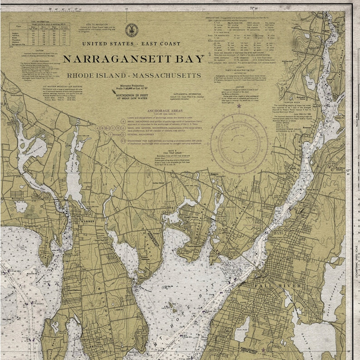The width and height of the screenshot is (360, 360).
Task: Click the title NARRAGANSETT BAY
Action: pyautogui.click(x=133, y=59)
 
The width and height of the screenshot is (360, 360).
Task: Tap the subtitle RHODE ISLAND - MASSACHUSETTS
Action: pyautogui.click(x=133, y=75)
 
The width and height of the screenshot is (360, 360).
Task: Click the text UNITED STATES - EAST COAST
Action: pyautogui.click(x=131, y=44)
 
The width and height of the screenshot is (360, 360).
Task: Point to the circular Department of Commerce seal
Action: pyautogui.click(x=131, y=30)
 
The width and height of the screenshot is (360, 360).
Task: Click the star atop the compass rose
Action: pyautogui.click(x=239, y=106)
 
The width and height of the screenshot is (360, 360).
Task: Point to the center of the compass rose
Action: pyautogui.click(x=239, y=143)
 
